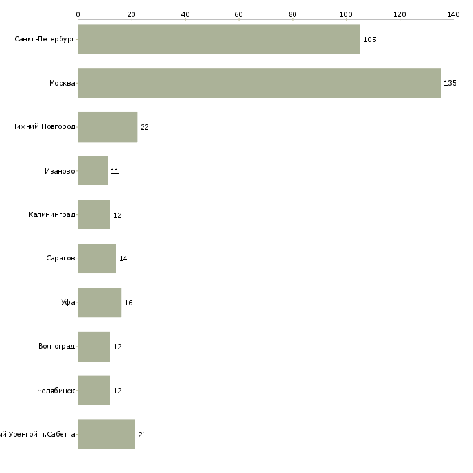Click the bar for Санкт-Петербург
[219, 39]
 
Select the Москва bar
[259, 83]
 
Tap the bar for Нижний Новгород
[108, 127]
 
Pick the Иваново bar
[93, 171]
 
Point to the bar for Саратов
[97, 259]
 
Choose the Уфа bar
[99, 303]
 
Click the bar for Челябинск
[94, 391]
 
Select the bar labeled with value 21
[106, 434]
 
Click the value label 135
[450, 84]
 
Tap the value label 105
[370, 40]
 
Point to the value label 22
[144, 128]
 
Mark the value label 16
[128, 303]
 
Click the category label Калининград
[52, 214]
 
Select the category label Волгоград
[56, 347]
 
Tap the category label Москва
[62, 83]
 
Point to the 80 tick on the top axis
[292, 14]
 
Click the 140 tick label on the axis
[453, 14]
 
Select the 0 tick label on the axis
[78, 14]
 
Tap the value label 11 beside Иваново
[115, 172]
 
